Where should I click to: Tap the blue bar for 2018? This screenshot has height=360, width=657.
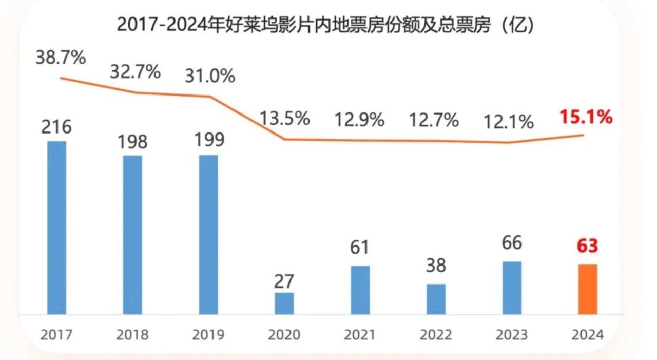click(132, 235)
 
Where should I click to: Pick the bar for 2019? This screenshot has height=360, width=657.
click(208, 234)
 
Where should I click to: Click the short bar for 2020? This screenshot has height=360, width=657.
click(284, 304)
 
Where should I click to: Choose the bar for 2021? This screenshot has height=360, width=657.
click(360, 290)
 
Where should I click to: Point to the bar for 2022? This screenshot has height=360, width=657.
click(436, 299)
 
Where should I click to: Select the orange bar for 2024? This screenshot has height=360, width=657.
click(588, 289)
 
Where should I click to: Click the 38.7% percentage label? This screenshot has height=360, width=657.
click(61, 58)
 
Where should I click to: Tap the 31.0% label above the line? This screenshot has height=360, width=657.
click(210, 76)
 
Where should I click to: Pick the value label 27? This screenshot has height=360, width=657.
click(284, 281)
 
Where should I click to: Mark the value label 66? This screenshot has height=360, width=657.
click(512, 243)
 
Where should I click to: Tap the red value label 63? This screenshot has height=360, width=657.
click(587, 246)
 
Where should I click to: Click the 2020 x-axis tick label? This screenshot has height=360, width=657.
click(284, 335)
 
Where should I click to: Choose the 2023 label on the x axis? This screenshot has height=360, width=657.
click(512, 335)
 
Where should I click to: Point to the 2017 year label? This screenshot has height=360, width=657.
click(56, 335)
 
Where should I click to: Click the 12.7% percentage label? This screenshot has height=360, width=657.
click(434, 121)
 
